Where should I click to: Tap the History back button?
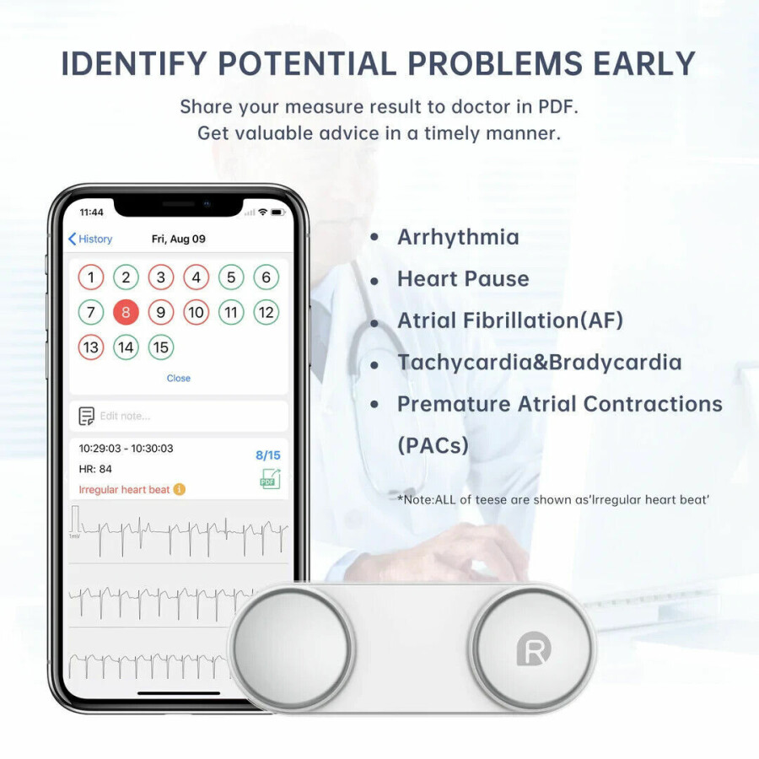(x=90, y=239)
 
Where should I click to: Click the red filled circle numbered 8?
(x=126, y=312)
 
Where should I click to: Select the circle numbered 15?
(x=161, y=347)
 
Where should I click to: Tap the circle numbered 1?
(x=91, y=277)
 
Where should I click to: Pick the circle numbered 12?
(x=266, y=312)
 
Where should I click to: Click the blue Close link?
(x=179, y=378)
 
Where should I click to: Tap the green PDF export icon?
(x=270, y=479)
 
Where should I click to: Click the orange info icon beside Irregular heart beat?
(x=179, y=489)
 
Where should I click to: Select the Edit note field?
(x=179, y=416)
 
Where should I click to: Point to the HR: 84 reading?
(x=95, y=469)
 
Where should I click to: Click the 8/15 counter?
(x=268, y=455)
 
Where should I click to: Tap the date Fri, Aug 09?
(x=179, y=239)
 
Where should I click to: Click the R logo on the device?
(x=534, y=649)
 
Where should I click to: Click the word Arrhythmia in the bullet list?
(x=458, y=237)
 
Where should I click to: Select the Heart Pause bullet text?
(x=463, y=279)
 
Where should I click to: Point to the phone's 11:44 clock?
(x=91, y=212)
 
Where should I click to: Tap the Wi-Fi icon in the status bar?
(x=263, y=212)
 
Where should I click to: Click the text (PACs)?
(x=433, y=445)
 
